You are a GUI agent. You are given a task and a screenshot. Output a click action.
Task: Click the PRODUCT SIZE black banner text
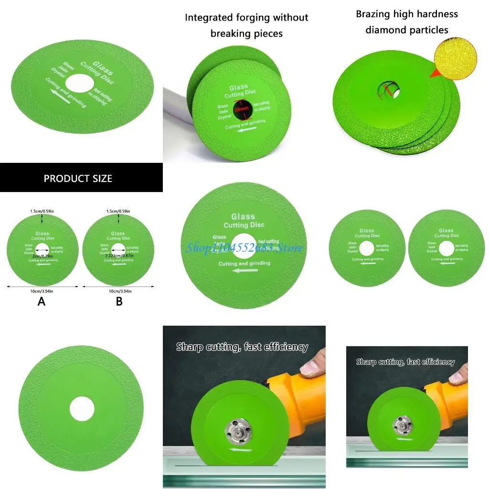78,179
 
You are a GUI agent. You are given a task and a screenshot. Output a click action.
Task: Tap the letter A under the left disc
42,301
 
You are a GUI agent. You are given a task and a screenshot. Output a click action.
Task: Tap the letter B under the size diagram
119,301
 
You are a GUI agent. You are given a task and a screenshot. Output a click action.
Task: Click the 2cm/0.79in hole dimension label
42,255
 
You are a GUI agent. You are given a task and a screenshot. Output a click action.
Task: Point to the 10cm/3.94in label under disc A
42,291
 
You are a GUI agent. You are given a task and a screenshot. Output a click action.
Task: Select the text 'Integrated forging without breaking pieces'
246,25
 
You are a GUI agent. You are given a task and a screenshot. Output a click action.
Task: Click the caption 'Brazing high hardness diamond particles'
407,22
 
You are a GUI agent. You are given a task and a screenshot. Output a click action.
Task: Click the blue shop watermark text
244,248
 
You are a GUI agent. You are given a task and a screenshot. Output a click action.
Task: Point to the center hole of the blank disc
81,409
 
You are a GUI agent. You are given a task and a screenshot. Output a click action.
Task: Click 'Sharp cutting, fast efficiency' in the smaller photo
405,362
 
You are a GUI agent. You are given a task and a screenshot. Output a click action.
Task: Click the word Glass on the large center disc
243,216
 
